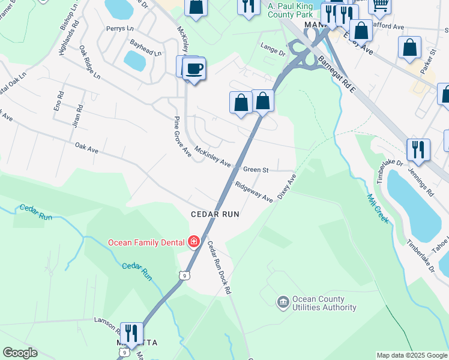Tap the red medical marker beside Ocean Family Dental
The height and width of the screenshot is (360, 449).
coord(193,242)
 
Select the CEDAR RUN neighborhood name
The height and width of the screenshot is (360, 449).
coord(215,214)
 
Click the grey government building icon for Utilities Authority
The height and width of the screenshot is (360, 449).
coord(283,302)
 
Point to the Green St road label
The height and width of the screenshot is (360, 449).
coord(256,170)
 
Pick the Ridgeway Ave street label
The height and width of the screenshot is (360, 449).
coord(254,193)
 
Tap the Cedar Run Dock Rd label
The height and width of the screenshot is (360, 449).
coord(219,266)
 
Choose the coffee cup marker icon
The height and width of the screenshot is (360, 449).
coord(194,68)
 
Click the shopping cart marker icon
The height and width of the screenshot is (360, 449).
coord(379,5)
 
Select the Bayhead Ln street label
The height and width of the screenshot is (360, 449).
coord(146,47)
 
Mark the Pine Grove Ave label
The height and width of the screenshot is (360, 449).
coord(182,137)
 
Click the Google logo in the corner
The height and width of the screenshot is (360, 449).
coord(20,353)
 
